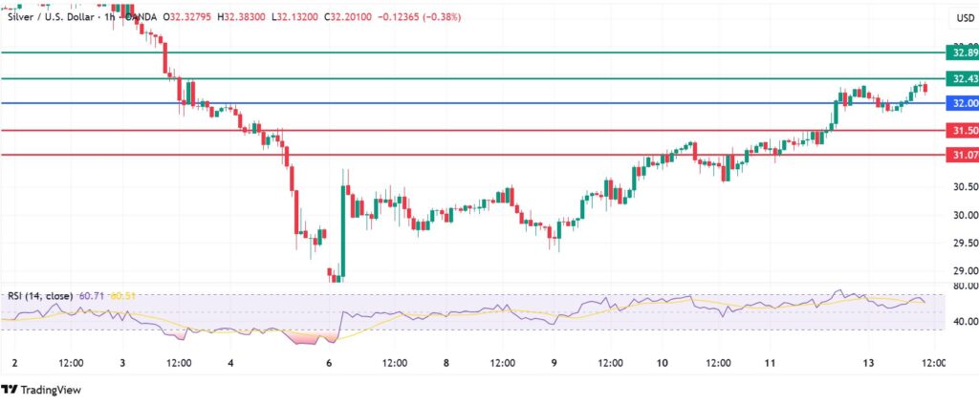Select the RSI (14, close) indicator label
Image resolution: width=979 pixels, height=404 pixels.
[39, 296]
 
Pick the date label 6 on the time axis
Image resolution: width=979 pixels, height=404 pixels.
[330, 364]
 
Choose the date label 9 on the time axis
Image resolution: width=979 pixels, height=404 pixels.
[555, 364]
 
